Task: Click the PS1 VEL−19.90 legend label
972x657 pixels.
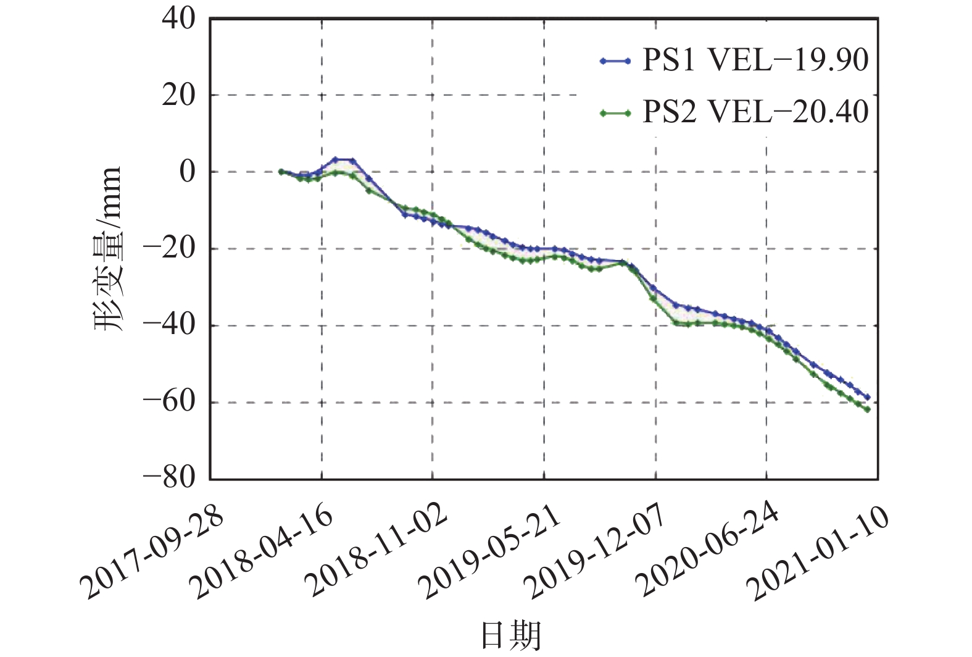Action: [x=755, y=61]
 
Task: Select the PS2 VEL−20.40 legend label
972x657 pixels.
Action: [x=755, y=112]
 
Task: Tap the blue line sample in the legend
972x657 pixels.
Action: [x=615, y=61]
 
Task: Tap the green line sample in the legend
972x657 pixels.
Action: [x=615, y=113]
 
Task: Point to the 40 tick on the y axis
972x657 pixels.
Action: [x=178, y=19]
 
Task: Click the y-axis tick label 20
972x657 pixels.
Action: [x=178, y=96]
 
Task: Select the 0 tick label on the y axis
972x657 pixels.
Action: [x=187, y=172]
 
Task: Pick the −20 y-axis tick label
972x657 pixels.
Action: [x=170, y=249]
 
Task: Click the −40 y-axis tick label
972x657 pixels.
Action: [x=170, y=325]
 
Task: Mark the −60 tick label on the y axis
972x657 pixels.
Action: [x=170, y=402]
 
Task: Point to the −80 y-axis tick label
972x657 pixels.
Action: [x=170, y=478]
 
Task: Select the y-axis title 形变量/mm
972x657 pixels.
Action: [x=110, y=249]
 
